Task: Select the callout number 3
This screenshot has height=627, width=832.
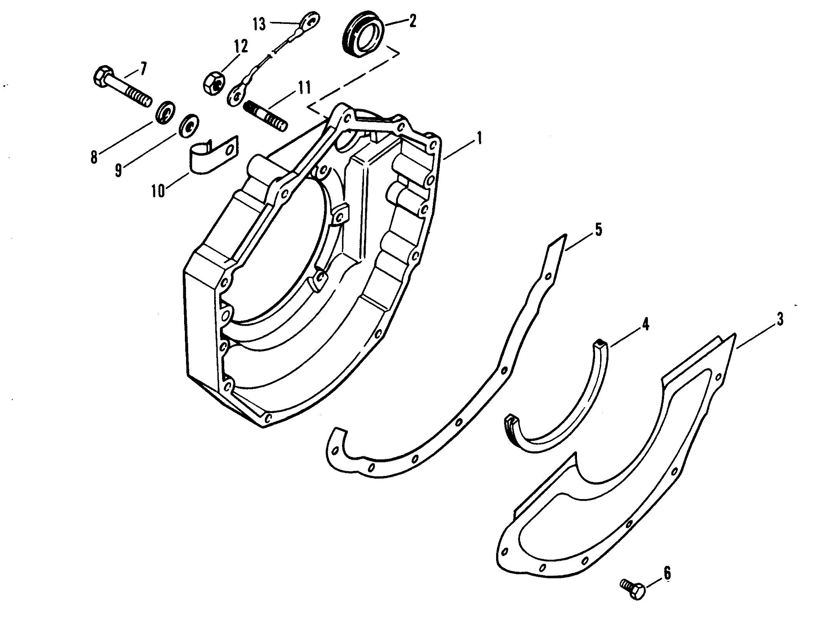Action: tap(780, 319)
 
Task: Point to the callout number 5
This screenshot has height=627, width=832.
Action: tap(598, 230)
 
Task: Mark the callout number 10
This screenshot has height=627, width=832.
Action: tap(158, 190)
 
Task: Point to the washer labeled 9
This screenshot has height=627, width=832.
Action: tap(189, 125)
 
